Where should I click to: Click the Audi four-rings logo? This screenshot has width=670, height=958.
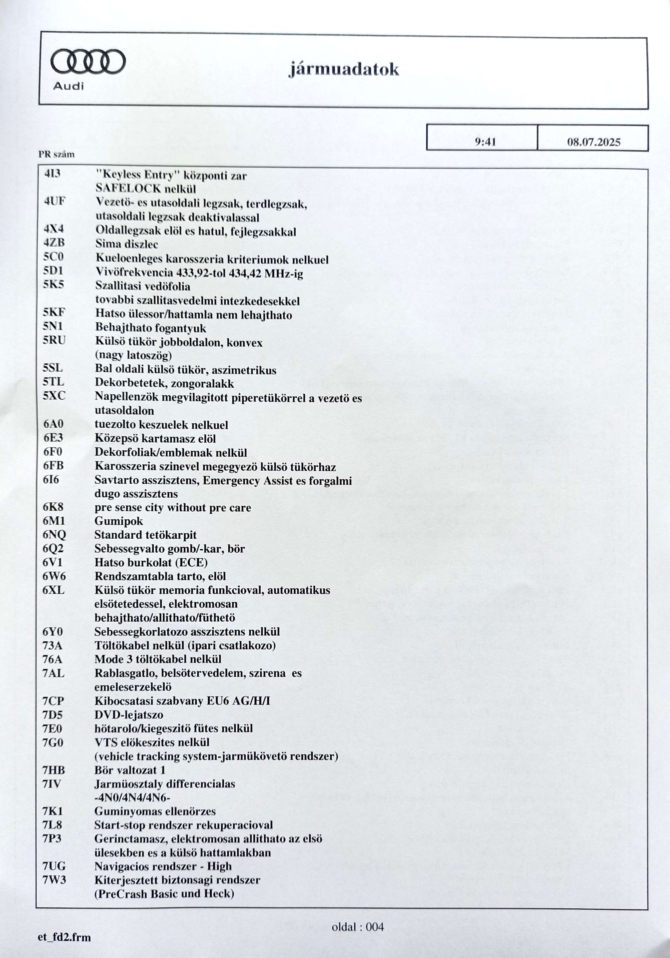coord(88,62)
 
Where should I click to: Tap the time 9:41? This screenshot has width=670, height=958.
coord(485,142)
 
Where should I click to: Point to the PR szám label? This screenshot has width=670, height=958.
coord(56,154)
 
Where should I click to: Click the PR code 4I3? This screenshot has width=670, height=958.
coord(52,174)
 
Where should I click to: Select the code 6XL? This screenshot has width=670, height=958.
coord(53,590)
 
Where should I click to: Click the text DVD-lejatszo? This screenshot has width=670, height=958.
coord(128,715)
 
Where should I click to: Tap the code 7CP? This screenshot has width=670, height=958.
coord(53,701)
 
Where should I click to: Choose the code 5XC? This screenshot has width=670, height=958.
coord(54,396)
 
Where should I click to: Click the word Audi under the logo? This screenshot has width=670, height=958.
coord(69,86)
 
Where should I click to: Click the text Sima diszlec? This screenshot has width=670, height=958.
coord(126,244)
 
